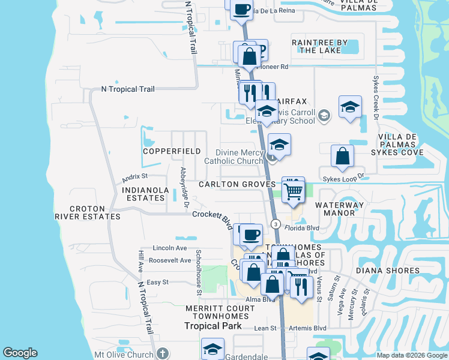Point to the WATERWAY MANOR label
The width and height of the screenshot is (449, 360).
(x=340, y=209)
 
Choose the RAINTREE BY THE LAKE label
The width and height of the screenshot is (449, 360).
(x=319, y=46)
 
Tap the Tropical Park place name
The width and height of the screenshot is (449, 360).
(x=212, y=326)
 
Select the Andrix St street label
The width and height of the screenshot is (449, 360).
(x=134, y=177)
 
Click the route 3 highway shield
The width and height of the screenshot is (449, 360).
(x=276, y=224)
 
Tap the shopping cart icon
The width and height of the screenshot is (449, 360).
(x=293, y=191)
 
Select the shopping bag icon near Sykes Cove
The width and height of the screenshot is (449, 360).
(x=342, y=157)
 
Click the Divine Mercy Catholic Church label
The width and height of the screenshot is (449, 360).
(x=234, y=157)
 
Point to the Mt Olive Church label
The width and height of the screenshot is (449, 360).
(x=124, y=355)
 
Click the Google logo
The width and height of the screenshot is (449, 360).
(x=20, y=353)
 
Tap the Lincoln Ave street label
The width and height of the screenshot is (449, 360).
(x=170, y=248)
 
